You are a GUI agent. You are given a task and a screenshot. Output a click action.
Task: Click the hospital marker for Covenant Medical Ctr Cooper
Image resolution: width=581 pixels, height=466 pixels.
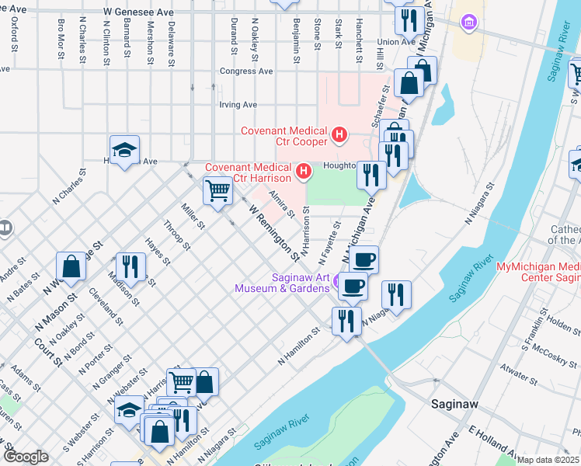coord(339,136)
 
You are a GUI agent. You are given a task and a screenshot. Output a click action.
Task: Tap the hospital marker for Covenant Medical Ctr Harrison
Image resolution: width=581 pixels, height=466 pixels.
coord(304,169)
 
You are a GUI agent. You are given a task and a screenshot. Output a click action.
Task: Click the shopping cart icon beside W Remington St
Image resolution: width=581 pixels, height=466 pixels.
coord(217,190)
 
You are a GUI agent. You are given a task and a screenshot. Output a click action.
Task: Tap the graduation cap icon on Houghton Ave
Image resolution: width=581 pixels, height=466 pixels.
coord(124,150)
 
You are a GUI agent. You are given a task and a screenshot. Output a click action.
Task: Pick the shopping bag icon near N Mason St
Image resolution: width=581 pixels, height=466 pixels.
coord(71,266)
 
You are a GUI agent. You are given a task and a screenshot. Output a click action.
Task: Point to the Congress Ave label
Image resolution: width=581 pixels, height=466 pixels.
coord(246,71)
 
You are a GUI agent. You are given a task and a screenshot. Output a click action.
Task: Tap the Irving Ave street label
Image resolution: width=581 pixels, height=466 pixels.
coord(238,104)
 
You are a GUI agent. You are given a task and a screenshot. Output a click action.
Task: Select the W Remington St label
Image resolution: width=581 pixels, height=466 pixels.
coord(273,231)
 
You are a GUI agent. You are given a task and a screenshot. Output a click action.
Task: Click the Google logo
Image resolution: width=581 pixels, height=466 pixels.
coord(26,457)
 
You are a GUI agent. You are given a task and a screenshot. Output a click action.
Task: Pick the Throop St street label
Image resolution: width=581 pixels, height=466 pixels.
coord(176,236)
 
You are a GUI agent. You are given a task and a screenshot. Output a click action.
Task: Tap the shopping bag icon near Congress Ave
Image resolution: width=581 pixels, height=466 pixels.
coord(409,82)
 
